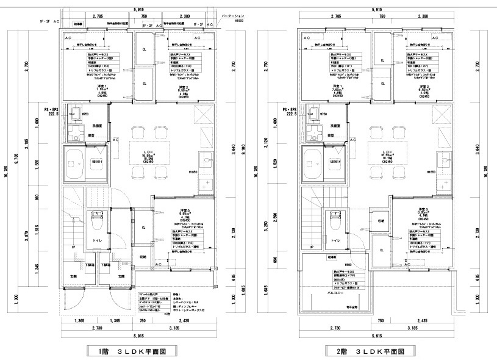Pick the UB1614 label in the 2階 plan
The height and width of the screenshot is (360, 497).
point(337,161)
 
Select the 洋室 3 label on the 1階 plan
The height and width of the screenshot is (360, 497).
point(183,211)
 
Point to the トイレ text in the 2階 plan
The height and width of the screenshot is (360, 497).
point(334,241)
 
